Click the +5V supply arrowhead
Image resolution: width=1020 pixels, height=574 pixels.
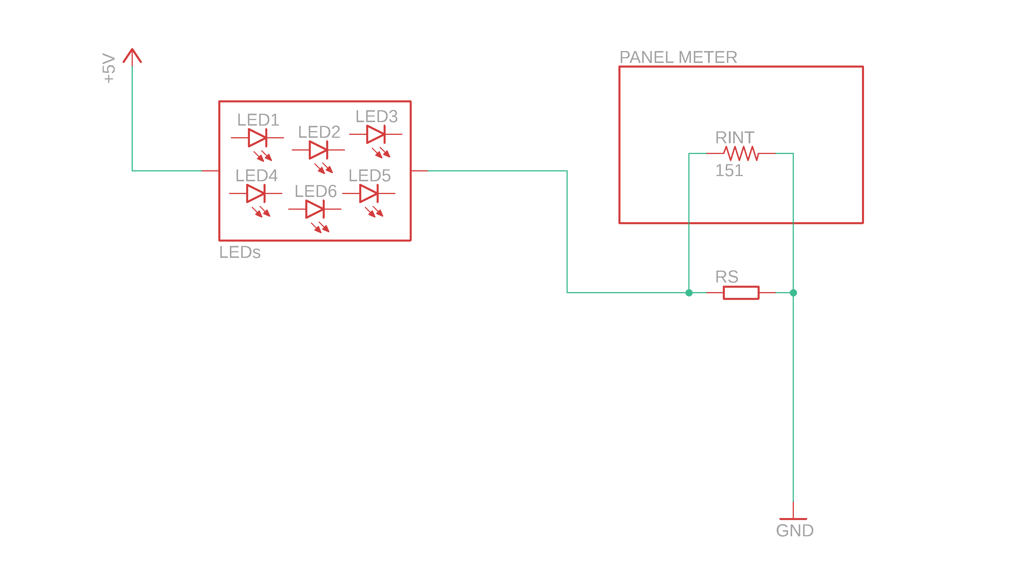pyautogui.click(x=132, y=55)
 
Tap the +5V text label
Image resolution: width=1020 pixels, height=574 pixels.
pyautogui.click(x=108, y=68)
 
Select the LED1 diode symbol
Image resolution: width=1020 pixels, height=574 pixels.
pyautogui.click(x=257, y=137)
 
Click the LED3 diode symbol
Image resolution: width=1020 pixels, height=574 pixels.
pyautogui.click(x=376, y=134)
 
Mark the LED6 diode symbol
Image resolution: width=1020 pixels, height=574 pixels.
pyautogui.click(x=315, y=209)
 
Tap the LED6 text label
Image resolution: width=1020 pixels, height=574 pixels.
pyautogui.click(x=315, y=191)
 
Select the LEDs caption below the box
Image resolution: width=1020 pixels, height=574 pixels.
pyautogui.click(x=240, y=252)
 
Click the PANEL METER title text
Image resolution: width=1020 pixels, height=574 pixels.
pyautogui.click(x=678, y=57)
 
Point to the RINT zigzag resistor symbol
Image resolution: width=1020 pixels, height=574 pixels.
pyautogui.click(x=741, y=153)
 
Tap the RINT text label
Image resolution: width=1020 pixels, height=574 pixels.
pyautogui.click(x=734, y=137)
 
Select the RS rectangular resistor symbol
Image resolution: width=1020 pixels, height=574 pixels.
pyautogui.click(x=741, y=293)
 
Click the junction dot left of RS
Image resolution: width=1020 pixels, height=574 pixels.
pyautogui.click(x=689, y=293)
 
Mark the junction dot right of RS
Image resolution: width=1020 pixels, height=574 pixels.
pyautogui.click(x=793, y=293)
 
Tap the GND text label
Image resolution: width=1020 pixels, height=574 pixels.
pyautogui.click(x=795, y=530)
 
